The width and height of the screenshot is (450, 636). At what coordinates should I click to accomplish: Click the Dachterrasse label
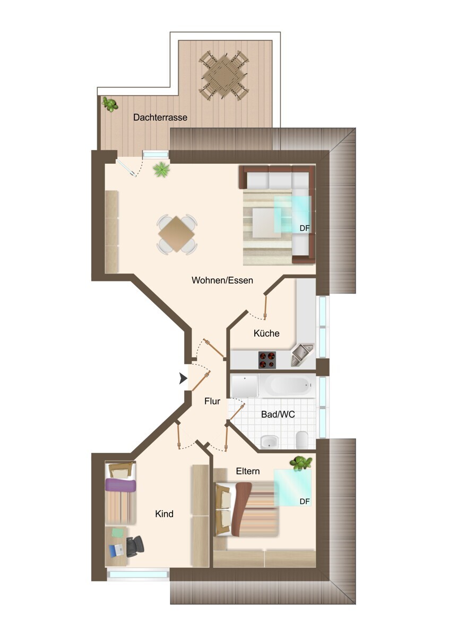tap(160, 117)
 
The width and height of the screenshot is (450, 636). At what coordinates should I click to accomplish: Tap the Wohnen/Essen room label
tap(222, 280)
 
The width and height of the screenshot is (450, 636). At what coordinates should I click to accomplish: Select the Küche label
tap(266, 333)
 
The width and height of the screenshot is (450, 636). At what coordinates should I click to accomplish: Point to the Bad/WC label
tap(278, 414)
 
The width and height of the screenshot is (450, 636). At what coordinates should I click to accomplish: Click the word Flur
tap(212, 401)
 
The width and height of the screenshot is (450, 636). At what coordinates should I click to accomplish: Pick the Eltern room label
tap(248, 471)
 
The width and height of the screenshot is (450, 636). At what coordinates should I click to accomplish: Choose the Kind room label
tap(165, 514)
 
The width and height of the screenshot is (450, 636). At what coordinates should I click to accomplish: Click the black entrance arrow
tap(183, 378)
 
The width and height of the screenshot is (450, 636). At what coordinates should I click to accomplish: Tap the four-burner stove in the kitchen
tap(267, 360)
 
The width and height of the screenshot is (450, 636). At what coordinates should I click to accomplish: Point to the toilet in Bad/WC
tap(301, 440)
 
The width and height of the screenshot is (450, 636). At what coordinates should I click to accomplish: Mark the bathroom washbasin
tap(269, 442)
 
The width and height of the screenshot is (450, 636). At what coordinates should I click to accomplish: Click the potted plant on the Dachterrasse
tap(110, 104)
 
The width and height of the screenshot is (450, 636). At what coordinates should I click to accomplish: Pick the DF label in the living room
tap(305, 228)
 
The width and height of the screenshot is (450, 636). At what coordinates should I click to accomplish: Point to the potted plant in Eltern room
tap(301, 463)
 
